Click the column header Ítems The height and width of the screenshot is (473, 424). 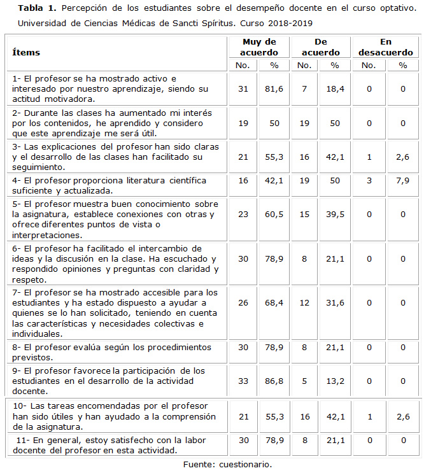point(26,52)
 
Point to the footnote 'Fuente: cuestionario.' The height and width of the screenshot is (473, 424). point(227,464)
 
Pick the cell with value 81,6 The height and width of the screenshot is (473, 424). point(274,89)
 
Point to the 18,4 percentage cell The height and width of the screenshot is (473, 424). point(336,89)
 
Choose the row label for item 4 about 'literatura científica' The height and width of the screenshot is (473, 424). point(110,185)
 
